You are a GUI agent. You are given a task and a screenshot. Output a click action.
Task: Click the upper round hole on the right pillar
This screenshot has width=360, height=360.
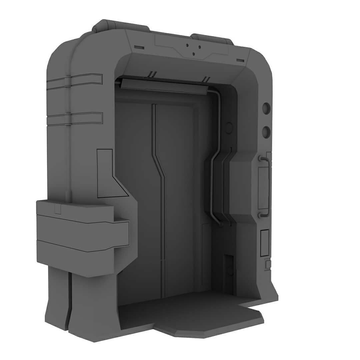click(x=266, y=108)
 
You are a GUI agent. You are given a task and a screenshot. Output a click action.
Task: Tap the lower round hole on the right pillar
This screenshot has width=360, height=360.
click(x=266, y=132)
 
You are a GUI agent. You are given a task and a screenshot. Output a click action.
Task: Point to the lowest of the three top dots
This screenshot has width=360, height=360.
click(x=194, y=54)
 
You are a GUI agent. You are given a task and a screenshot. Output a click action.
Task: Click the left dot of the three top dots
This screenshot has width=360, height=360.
click(x=187, y=45)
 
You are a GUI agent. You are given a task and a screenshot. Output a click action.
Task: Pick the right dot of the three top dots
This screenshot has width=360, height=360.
click(x=200, y=47)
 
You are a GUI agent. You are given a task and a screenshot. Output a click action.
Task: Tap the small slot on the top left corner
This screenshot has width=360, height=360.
click(x=139, y=48)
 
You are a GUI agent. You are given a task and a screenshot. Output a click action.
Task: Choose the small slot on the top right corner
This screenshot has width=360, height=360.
click(x=240, y=60)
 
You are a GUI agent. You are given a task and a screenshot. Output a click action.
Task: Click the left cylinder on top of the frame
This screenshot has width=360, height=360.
click(x=120, y=25)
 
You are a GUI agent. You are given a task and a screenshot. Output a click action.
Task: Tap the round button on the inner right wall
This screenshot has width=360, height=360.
click(x=229, y=128)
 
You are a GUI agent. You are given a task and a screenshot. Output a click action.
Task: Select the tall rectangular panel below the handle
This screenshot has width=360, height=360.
click(x=264, y=243)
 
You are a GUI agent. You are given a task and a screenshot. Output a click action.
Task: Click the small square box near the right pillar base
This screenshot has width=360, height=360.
click(x=267, y=264)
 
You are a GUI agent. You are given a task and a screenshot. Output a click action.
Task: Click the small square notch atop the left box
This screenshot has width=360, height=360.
click(x=58, y=209)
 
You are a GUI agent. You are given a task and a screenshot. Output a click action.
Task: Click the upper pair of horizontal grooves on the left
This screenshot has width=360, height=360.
click(x=74, y=81)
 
